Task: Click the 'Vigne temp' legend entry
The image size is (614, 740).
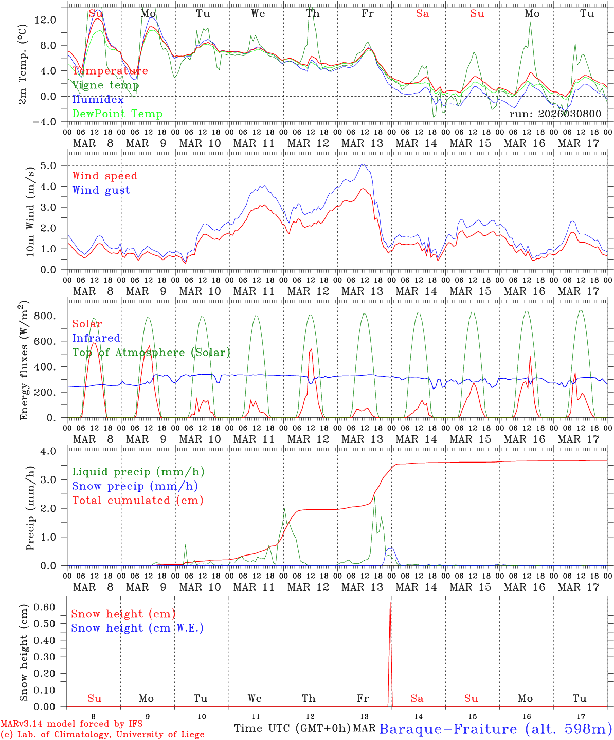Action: pos(105,85)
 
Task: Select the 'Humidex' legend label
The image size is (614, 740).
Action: pos(98,100)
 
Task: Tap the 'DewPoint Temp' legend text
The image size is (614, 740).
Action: pos(117,114)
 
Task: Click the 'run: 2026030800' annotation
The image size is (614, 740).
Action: pos(555,114)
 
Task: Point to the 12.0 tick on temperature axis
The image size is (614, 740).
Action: pos(51,20)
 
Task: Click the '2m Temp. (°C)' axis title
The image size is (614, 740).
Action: pos(24,64)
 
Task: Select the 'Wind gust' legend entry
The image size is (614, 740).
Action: pos(101,190)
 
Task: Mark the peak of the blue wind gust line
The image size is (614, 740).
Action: pos(363,164)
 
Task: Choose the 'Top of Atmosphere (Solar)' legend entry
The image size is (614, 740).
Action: pos(151,353)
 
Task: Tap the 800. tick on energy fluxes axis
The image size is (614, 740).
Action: pos(46,316)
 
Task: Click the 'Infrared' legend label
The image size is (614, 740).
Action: pos(96,338)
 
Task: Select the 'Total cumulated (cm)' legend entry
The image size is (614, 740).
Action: pos(137,500)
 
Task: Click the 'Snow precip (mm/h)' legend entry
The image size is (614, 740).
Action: pos(135,486)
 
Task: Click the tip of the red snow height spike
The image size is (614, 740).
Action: pos(390,603)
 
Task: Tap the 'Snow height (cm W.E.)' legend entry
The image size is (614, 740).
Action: pos(137,628)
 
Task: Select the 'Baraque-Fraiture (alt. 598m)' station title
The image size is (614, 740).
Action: pos(495,729)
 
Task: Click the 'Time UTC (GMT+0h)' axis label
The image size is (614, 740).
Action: pos(292,728)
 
